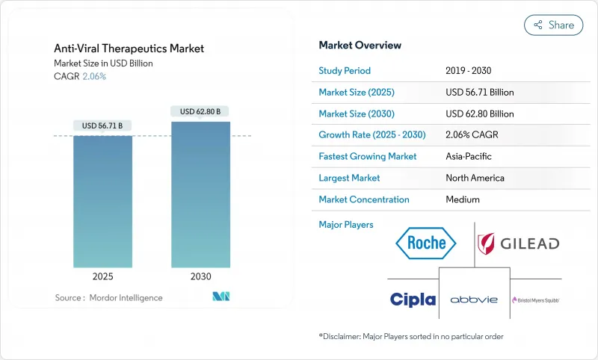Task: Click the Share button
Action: (x=553, y=25)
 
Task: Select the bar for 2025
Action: (x=103, y=202)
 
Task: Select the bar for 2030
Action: (x=200, y=194)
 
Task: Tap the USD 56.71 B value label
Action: (x=103, y=125)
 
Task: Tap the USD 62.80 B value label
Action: (x=200, y=111)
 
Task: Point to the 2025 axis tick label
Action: (x=103, y=276)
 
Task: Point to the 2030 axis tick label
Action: (x=200, y=276)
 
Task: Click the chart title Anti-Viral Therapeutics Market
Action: (x=129, y=49)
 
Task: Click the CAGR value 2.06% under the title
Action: (x=94, y=76)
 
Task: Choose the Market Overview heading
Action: (x=360, y=46)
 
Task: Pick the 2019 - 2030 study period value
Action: (x=469, y=71)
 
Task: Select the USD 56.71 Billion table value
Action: (x=479, y=93)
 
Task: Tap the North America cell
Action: (x=474, y=179)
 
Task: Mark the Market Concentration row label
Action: (x=364, y=200)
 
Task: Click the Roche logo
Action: (x=426, y=242)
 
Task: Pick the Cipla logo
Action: (x=413, y=300)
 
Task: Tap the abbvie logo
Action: (x=474, y=300)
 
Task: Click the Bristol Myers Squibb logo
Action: (x=535, y=300)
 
